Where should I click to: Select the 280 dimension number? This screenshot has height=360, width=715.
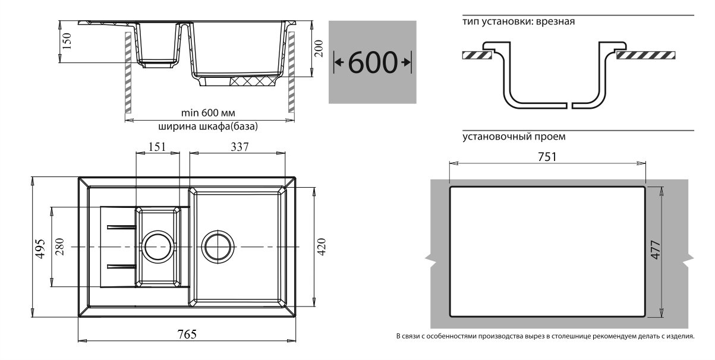[x=59, y=247]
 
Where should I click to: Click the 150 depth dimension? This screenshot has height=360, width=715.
[x=67, y=40]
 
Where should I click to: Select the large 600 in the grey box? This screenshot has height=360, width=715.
[x=372, y=62]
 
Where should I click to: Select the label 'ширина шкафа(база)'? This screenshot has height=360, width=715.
[x=208, y=127]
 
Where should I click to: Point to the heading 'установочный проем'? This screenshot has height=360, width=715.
[x=514, y=136]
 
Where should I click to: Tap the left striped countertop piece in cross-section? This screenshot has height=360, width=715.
[x=475, y=55]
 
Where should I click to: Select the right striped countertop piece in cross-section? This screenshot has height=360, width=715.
[x=646, y=55]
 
